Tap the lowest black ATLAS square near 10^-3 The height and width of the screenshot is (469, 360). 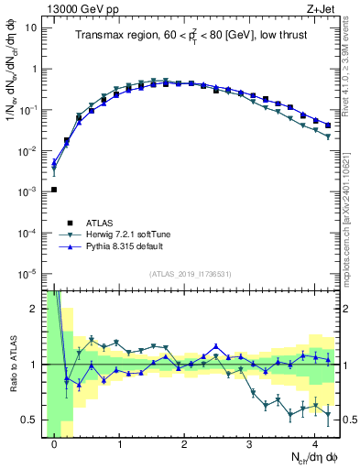click(x=54, y=190)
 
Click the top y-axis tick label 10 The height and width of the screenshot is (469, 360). click(x=34, y=27)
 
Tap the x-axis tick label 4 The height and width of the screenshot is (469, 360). click(x=314, y=445)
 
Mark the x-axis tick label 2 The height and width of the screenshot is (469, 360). click(x=184, y=445)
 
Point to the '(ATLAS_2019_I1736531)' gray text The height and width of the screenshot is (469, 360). click(x=191, y=274)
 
